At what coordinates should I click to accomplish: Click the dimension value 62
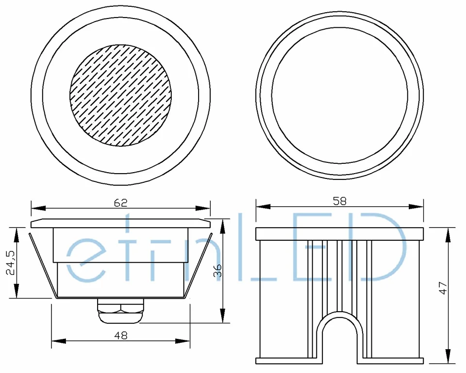click(x=121, y=203)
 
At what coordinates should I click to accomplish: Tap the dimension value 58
click(x=340, y=201)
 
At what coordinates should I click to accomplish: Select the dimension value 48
click(x=121, y=336)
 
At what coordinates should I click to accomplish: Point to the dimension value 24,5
click(x=11, y=263)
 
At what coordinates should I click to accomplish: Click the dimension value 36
click(x=218, y=270)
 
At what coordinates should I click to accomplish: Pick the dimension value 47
click(x=443, y=288)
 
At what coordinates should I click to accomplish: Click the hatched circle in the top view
click(x=121, y=95)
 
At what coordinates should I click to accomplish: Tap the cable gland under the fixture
click(x=121, y=311)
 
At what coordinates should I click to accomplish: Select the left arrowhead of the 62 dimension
click(x=38, y=208)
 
